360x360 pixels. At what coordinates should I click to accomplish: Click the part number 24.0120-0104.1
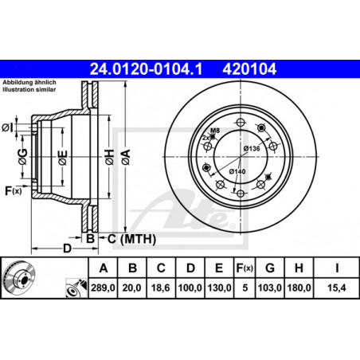pos(146,69)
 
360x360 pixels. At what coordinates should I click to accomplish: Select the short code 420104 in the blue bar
pos(249,69)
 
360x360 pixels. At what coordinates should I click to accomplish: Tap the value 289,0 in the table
pos(103,288)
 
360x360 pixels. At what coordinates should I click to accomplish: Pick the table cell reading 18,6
pos(161,288)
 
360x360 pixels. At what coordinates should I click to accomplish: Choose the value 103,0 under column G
pos(269,288)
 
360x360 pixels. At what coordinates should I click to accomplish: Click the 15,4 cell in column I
pos(337,288)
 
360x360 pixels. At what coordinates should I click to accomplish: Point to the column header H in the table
pos(299,268)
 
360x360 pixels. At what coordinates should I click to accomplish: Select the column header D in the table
pos(190,268)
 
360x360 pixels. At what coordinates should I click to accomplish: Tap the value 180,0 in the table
pos(299,288)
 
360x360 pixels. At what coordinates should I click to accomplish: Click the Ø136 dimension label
pos(252,148)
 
